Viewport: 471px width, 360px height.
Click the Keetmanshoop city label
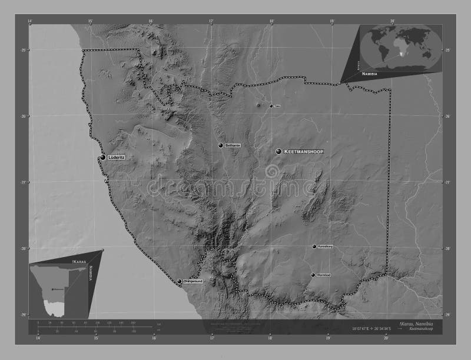tap(304, 152)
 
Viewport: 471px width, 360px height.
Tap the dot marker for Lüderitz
tap(102, 158)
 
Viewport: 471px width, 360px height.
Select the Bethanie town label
tap(233, 145)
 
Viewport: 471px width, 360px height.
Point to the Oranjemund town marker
tap(179, 281)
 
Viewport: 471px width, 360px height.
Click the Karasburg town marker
tap(314, 246)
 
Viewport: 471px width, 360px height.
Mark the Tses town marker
tap(271, 106)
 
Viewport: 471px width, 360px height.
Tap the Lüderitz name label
tap(117, 158)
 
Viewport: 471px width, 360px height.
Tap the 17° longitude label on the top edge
tap(211, 22)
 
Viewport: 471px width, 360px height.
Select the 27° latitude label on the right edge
tap(447, 183)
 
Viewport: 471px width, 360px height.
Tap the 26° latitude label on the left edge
tap(24, 116)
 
